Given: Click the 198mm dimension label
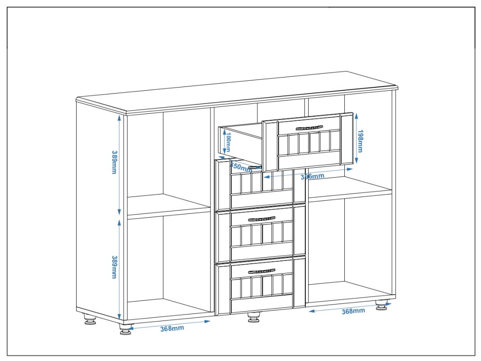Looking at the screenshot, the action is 360,141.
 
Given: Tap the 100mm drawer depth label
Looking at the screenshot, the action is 228,142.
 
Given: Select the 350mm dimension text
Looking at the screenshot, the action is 241,166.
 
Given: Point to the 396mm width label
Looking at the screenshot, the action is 312,176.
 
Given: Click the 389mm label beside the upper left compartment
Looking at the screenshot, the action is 114,162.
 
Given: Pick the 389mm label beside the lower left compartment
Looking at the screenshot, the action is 114,267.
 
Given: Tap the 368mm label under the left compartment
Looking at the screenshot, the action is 172,328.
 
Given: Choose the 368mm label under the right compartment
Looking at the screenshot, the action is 353,311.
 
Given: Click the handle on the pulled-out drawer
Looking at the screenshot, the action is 309,127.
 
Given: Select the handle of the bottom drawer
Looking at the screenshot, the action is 261,271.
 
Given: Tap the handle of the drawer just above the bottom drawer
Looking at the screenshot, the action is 261,219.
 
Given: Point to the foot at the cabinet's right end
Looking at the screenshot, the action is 382,306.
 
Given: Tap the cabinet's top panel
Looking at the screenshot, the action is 235,94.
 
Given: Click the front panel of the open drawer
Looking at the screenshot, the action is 308,141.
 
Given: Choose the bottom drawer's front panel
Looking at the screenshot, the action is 261,287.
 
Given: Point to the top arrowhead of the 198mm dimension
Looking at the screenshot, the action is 357,115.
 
